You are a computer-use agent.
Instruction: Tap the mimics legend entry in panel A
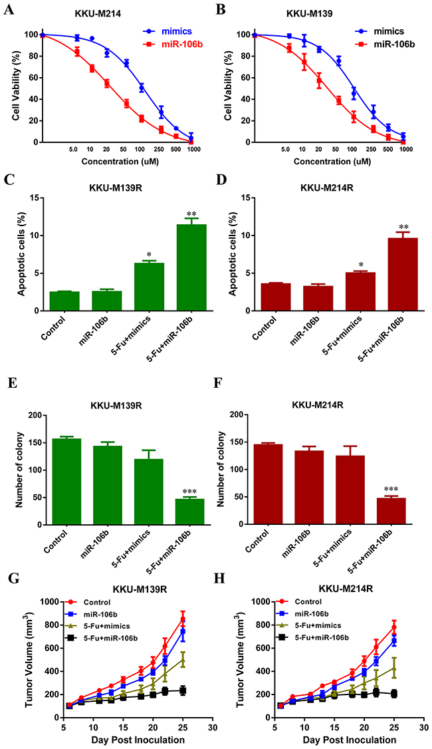pos(166,31)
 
